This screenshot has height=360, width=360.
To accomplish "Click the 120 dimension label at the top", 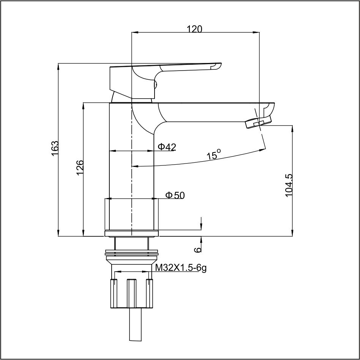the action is [x=194, y=29].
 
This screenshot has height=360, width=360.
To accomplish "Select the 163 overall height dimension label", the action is [x=55, y=148].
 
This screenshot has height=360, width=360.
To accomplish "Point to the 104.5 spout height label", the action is [x=289, y=185].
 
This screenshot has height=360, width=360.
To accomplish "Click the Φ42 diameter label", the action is [x=167, y=147].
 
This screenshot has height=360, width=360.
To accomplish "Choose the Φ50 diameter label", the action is [x=175, y=195].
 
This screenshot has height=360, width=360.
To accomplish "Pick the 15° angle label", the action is [x=214, y=154].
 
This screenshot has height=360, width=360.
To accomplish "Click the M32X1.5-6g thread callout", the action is [x=181, y=268].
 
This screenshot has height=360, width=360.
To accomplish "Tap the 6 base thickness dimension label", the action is [x=197, y=250].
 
